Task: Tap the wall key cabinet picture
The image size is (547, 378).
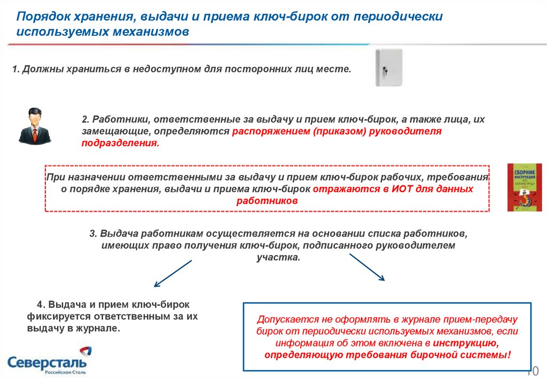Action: [388, 67]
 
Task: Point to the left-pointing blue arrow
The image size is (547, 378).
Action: [172, 273]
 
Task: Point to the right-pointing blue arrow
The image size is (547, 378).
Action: [367, 266]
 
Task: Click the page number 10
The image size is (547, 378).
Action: [535, 371]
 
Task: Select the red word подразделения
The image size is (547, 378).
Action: [120, 143]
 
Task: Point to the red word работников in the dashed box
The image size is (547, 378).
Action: [267, 201]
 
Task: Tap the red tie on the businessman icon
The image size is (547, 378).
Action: [35, 133]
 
